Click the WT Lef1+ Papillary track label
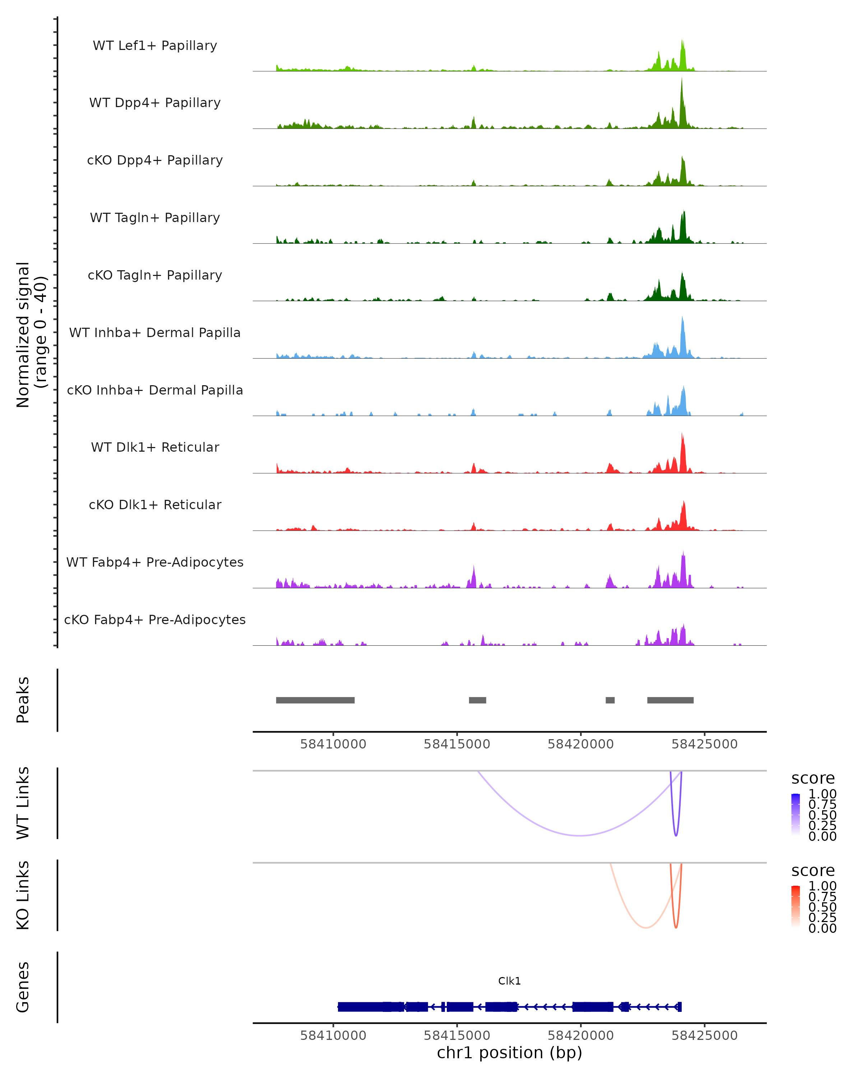click(155, 46)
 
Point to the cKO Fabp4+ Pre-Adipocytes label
click(155, 619)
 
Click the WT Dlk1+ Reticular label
click(155, 447)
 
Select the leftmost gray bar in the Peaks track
click(315, 700)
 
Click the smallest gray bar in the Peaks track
click(610, 700)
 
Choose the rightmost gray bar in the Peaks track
click(670, 700)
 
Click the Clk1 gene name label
click(509, 981)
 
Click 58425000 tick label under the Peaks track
click(704, 744)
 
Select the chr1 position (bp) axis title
click(509, 1052)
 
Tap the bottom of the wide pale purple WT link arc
click(580, 835)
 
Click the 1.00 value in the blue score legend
click(822, 794)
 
